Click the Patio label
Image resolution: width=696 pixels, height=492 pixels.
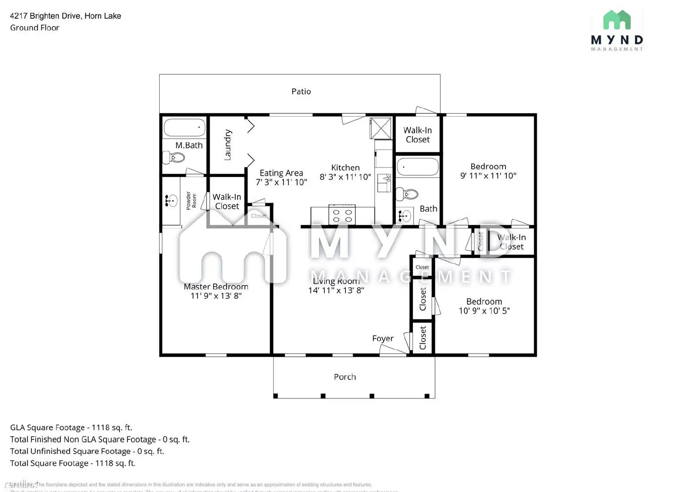pyautogui.click(x=301, y=91)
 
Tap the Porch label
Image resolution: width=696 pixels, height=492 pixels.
pyautogui.click(x=345, y=377)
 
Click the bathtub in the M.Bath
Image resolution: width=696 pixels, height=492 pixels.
pyautogui.click(x=184, y=127)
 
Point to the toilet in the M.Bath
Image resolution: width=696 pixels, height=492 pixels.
pyautogui.click(x=174, y=157)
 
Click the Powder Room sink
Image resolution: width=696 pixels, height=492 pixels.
pyautogui.click(x=171, y=201)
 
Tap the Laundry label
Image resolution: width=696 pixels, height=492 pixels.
pyautogui.click(x=228, y=145)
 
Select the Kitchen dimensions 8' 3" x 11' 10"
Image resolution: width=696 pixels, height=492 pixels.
pyautogui.click(x=345, y=177)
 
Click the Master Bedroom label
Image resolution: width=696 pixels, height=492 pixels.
pyautogui.click(x=216, y=287)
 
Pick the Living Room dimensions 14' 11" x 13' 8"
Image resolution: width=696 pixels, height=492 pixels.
pyautogui.click(x=336, y=291)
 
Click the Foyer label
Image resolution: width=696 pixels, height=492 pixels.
pyautogui.click(x=382, y=338)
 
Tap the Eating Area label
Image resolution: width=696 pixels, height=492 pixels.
pyautogui.click(x=281, y=173)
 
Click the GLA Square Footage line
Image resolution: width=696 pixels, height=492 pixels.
pyautogui.click(x=71, y=428)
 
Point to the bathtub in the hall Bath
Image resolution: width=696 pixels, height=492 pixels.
pyautogui.click(x=418, y=167)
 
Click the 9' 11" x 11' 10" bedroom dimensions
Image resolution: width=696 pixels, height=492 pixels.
pyautogui.click(x=488, y=176)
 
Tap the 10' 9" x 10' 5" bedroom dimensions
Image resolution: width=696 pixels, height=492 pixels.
pyautogui.click(x=484, y=311)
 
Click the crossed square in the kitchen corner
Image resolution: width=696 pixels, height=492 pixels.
pyautogui.click(x=381, y=128)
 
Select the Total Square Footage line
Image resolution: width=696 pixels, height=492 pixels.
pyautogui.click(x=73, y=463)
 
